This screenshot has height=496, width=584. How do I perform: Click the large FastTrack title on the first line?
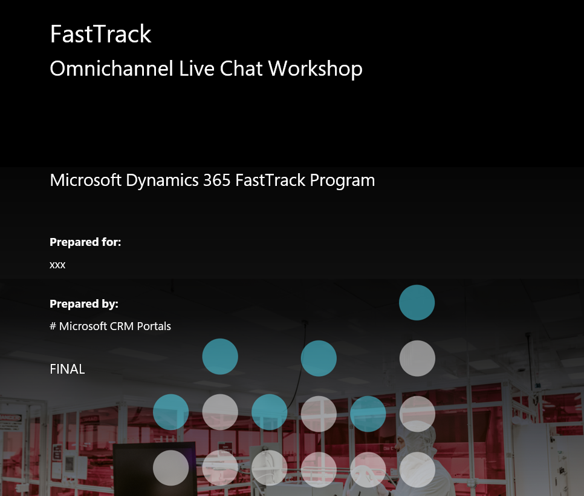tap(100, 34)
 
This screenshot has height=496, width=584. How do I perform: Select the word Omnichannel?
tap(111, 68)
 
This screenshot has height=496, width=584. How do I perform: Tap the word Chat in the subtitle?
tap(241, 68)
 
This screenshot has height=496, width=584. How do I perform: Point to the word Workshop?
tap(315, 69)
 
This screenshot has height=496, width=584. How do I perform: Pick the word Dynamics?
tap(162, 180)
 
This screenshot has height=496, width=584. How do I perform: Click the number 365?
tap(217, 180)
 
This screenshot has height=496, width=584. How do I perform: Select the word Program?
tap(342, 181)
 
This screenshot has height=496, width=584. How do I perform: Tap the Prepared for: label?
tap(85, 242)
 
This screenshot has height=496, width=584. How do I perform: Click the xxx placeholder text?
tap(57, 265)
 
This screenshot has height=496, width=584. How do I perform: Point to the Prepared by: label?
tap(84, 304)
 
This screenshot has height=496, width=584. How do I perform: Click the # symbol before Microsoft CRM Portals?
tap(53, 326)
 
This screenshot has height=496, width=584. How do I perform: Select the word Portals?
tap(154, 326)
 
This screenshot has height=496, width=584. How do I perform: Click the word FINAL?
tap(67, 369)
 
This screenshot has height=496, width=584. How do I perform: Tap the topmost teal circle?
tap(417, 303)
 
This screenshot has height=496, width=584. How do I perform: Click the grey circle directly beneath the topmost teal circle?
tap(417, 359)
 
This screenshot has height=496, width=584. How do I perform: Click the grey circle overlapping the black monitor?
tap(171, 468)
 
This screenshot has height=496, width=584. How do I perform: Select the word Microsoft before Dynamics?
tap(85, 180)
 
